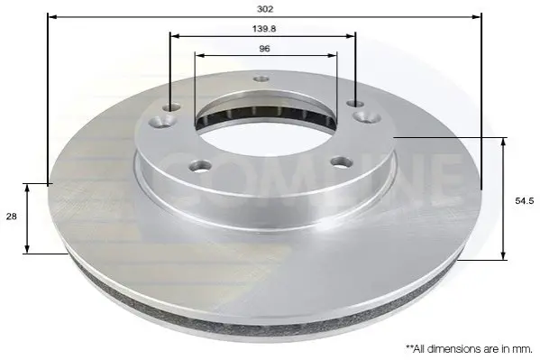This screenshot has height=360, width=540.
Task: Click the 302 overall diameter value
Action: coord(265,9)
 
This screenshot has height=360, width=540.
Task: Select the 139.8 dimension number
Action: coord(264,29)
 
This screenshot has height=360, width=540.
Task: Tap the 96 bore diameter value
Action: coord(264,49)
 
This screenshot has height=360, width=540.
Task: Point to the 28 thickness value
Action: coord(12,217)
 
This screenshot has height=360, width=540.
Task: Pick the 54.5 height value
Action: coord(524,200)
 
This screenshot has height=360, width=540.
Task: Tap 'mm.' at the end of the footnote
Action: coord(523,349)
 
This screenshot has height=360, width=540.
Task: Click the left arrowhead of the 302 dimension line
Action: coord(52,16)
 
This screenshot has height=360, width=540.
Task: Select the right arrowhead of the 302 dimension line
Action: coord(477,16)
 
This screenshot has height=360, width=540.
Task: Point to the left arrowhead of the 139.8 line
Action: coord(175,35)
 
